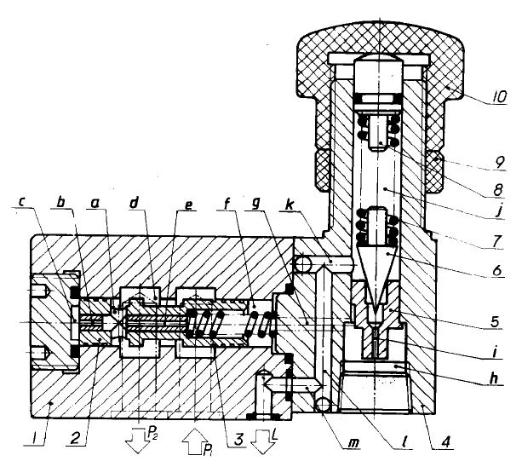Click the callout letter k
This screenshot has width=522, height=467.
(x=290, y=205)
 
